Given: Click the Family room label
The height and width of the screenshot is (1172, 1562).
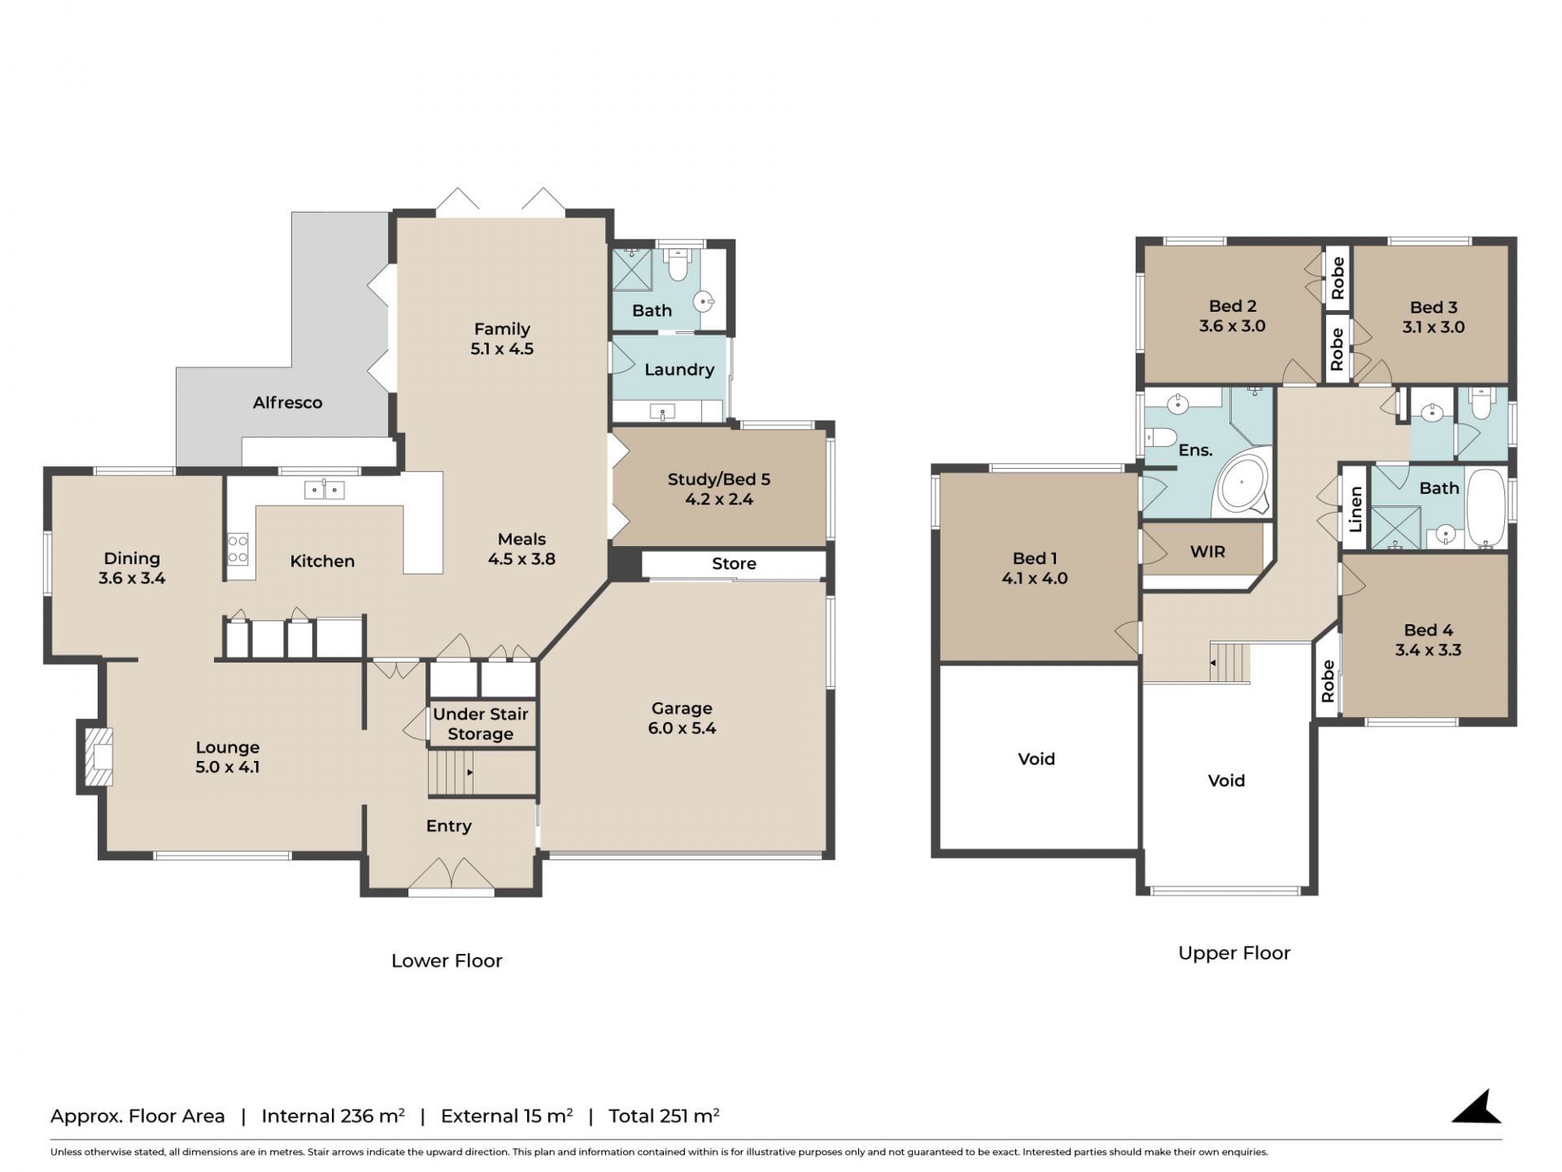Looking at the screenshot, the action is coord(502,329).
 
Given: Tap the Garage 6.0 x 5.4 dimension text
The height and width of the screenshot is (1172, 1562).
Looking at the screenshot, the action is coord(682,728).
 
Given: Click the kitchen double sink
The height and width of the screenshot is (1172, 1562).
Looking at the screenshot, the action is coord(324,490).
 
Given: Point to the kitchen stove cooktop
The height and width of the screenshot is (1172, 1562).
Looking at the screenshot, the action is coord(238,549).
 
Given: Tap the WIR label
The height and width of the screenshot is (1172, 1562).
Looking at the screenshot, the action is coord(1207,552).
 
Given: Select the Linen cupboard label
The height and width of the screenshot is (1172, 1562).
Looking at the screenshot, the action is coord(1355,509).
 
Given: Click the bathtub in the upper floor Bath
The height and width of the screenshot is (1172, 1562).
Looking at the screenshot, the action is coord(1486,507).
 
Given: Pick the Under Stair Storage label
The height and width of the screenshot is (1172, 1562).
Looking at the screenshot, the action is coord(481,724).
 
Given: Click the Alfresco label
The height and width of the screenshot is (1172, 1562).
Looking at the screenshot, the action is coord(287,402).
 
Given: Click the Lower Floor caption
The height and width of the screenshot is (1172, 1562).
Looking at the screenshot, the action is coord(447,960).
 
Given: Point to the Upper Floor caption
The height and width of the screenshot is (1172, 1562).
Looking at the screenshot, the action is coord(1234,953).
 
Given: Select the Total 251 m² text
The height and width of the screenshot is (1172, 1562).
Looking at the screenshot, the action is coord(664,1115).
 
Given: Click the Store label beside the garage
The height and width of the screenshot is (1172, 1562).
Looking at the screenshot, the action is coord(734,563).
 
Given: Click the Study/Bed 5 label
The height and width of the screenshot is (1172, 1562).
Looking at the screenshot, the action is coord(718,479).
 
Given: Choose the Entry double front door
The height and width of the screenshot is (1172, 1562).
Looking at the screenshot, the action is coord(451,875).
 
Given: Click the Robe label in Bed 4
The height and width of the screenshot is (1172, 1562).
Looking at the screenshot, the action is coord(1328,681).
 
